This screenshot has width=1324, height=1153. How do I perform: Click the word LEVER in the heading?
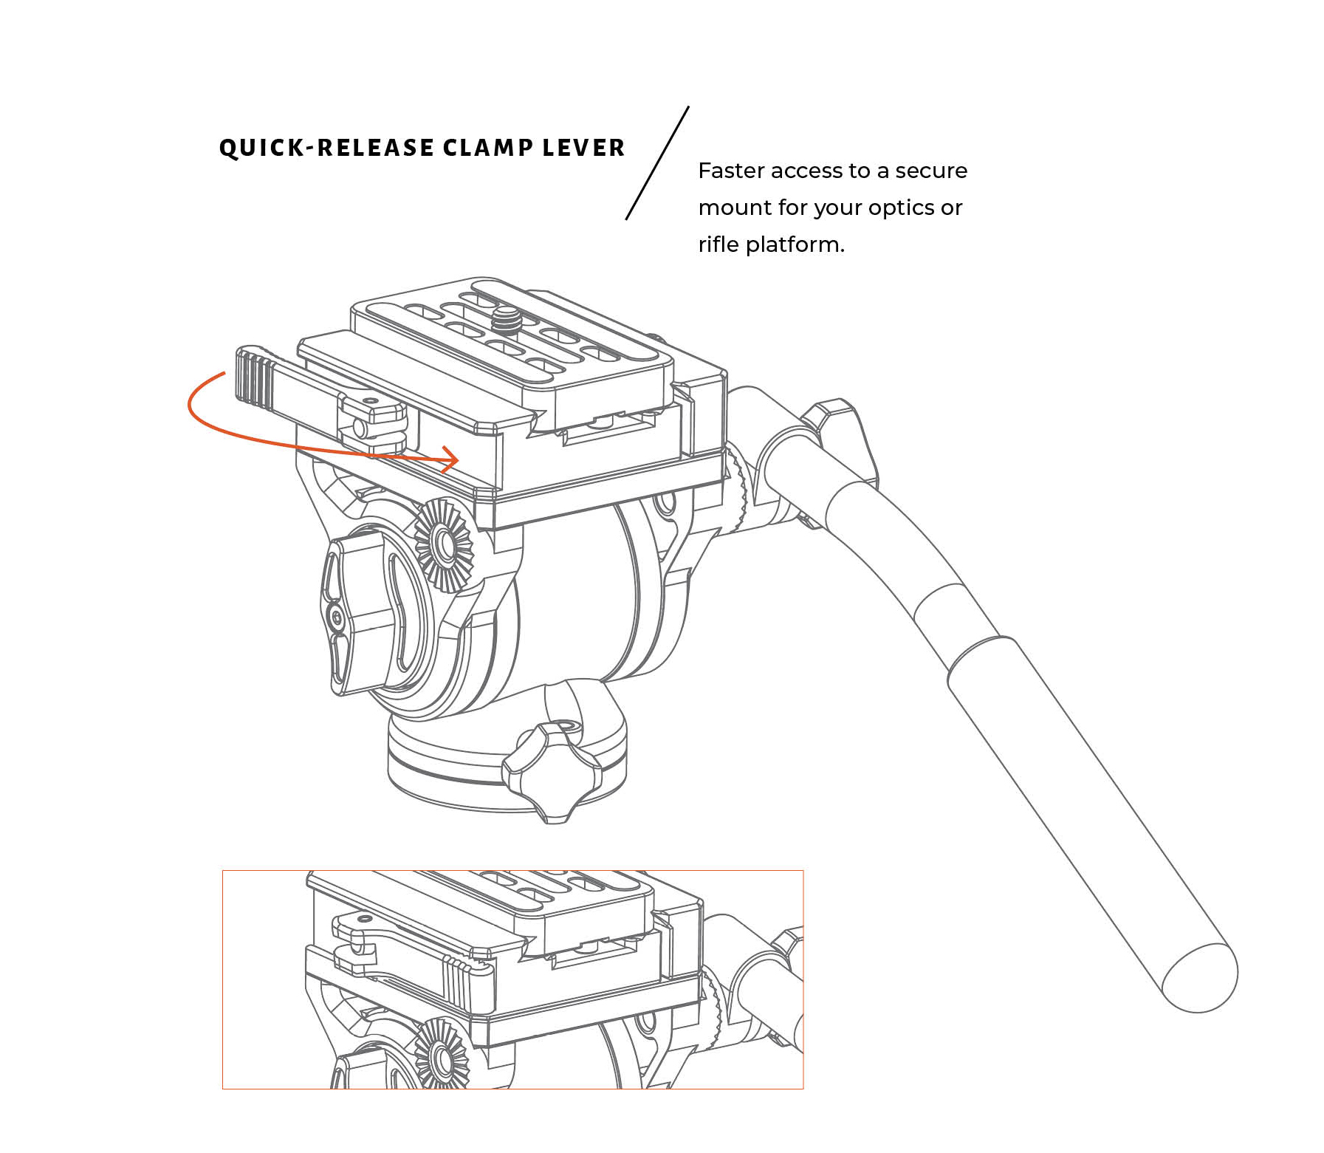[583, 148]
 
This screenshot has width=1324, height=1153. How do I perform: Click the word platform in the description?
[795, 244]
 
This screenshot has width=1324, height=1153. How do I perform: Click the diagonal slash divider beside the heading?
[657, 163]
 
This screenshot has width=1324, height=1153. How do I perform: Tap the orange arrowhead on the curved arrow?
[450, 459]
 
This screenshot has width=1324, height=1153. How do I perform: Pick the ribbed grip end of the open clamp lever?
[255, 380]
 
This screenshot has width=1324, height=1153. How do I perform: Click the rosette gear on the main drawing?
[444, 545]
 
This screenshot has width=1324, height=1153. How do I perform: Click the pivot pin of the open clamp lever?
[360, 428]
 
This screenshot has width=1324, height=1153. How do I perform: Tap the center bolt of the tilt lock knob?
[337, 615]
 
